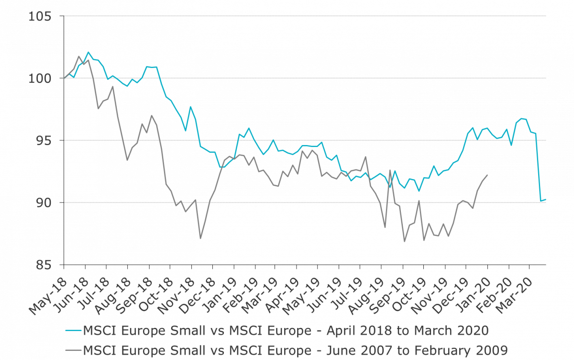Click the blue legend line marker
(73, 331)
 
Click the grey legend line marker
(73, 349)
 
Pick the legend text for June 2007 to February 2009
(295, 349)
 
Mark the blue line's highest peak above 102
(88, 52)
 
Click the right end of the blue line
(546, 199)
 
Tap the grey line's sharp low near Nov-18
(200, 238)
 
